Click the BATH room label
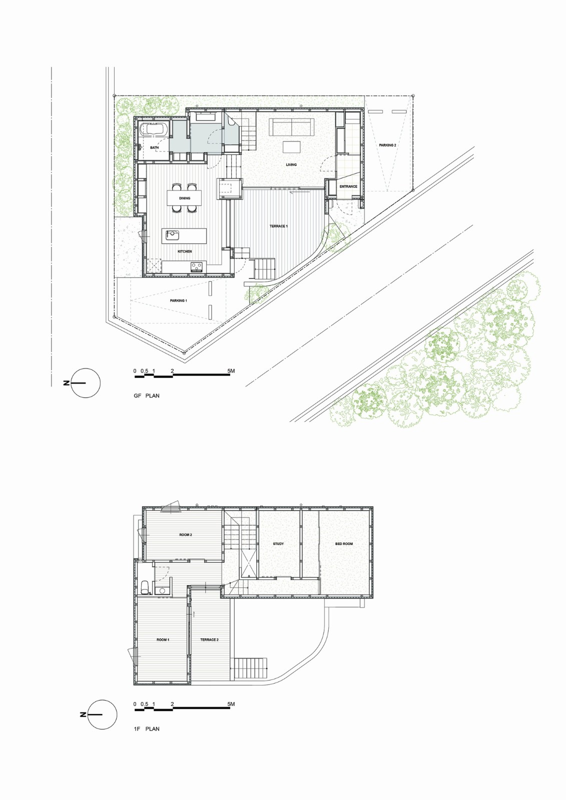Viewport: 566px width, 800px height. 155,147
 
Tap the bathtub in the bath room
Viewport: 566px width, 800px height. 155,129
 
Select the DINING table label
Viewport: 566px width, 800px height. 185,198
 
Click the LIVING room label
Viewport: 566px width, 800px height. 291,164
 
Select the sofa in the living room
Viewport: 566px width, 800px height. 292,127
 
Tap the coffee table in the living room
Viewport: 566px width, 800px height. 292,147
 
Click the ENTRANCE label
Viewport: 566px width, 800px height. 348,186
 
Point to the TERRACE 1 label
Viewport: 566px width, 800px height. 278,226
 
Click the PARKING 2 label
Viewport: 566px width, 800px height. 387,145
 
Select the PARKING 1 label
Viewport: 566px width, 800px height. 178,300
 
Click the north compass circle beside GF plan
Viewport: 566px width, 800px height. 86,383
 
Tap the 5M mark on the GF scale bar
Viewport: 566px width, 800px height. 231,370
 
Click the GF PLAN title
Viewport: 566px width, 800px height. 147,395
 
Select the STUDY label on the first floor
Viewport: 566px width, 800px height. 278,544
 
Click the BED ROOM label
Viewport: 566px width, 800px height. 344,544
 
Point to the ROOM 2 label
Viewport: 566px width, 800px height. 186,535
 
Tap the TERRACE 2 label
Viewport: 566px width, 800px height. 209,639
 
